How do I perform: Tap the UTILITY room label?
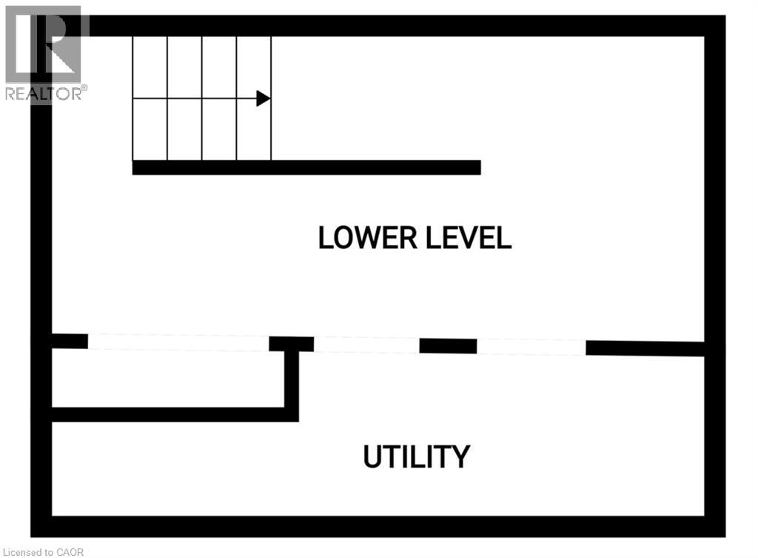pos(416,456)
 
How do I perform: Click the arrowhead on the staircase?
pos(263,99)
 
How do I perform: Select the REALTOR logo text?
pos(44,93)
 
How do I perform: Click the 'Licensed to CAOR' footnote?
pos(44,551)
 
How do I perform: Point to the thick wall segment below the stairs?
pos(306,167)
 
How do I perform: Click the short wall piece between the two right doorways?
pos(448,345)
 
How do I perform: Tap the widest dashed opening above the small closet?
pos(178,342)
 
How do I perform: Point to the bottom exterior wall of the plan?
pos(378,526)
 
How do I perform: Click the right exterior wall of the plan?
pos(715,274)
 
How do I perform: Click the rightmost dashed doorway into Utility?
pos(531,346)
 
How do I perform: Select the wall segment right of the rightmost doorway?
pos(645,348)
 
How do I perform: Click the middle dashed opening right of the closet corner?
pos(366,345)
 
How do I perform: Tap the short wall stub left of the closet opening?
pos(70,341)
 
